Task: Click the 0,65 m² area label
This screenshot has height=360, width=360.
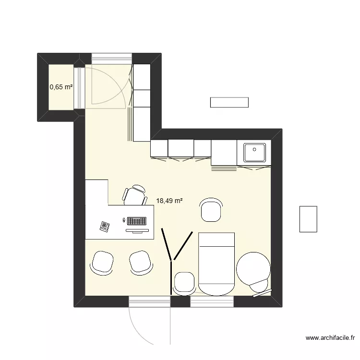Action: (61, 87)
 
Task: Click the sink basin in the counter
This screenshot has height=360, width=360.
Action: (255, 153)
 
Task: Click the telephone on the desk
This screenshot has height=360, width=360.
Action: (105, 226)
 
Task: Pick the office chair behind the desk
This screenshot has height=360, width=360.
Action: (135, 195)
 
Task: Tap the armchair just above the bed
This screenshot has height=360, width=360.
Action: (211, 210)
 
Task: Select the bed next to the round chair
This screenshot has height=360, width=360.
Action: (217, 263)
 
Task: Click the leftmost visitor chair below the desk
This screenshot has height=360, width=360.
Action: (102, 262)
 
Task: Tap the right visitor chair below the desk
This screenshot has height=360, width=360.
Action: (141, 262)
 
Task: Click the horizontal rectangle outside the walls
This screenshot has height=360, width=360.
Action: (229, 102)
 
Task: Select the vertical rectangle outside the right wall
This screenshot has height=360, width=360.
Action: (308, 219)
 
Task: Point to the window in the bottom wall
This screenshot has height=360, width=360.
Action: (212, 301)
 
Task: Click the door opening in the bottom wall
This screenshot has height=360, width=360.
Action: (149, 302)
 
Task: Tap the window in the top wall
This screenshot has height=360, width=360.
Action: (111, 58)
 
